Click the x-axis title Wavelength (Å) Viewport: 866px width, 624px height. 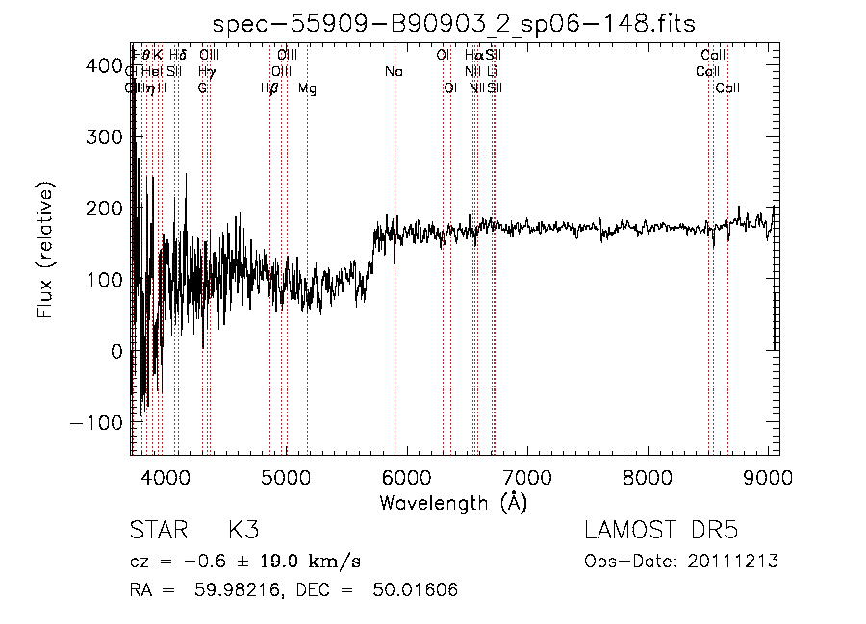(x=453, y=502)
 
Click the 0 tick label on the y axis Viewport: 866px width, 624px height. (x=116, y=351)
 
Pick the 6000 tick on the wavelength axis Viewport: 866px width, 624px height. (x=407, y=477)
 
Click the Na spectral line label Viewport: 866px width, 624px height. (x=394, y=71)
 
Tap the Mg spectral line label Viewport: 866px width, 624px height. (x=307, y=88)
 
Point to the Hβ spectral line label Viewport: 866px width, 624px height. (x=270, y=88)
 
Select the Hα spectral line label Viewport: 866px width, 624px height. (x=473, y=55)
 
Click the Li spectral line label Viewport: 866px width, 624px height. (x=492, y=71)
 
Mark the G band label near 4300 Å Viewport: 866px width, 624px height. (x=202, y=88)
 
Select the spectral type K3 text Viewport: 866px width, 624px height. (x=242, y=531)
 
